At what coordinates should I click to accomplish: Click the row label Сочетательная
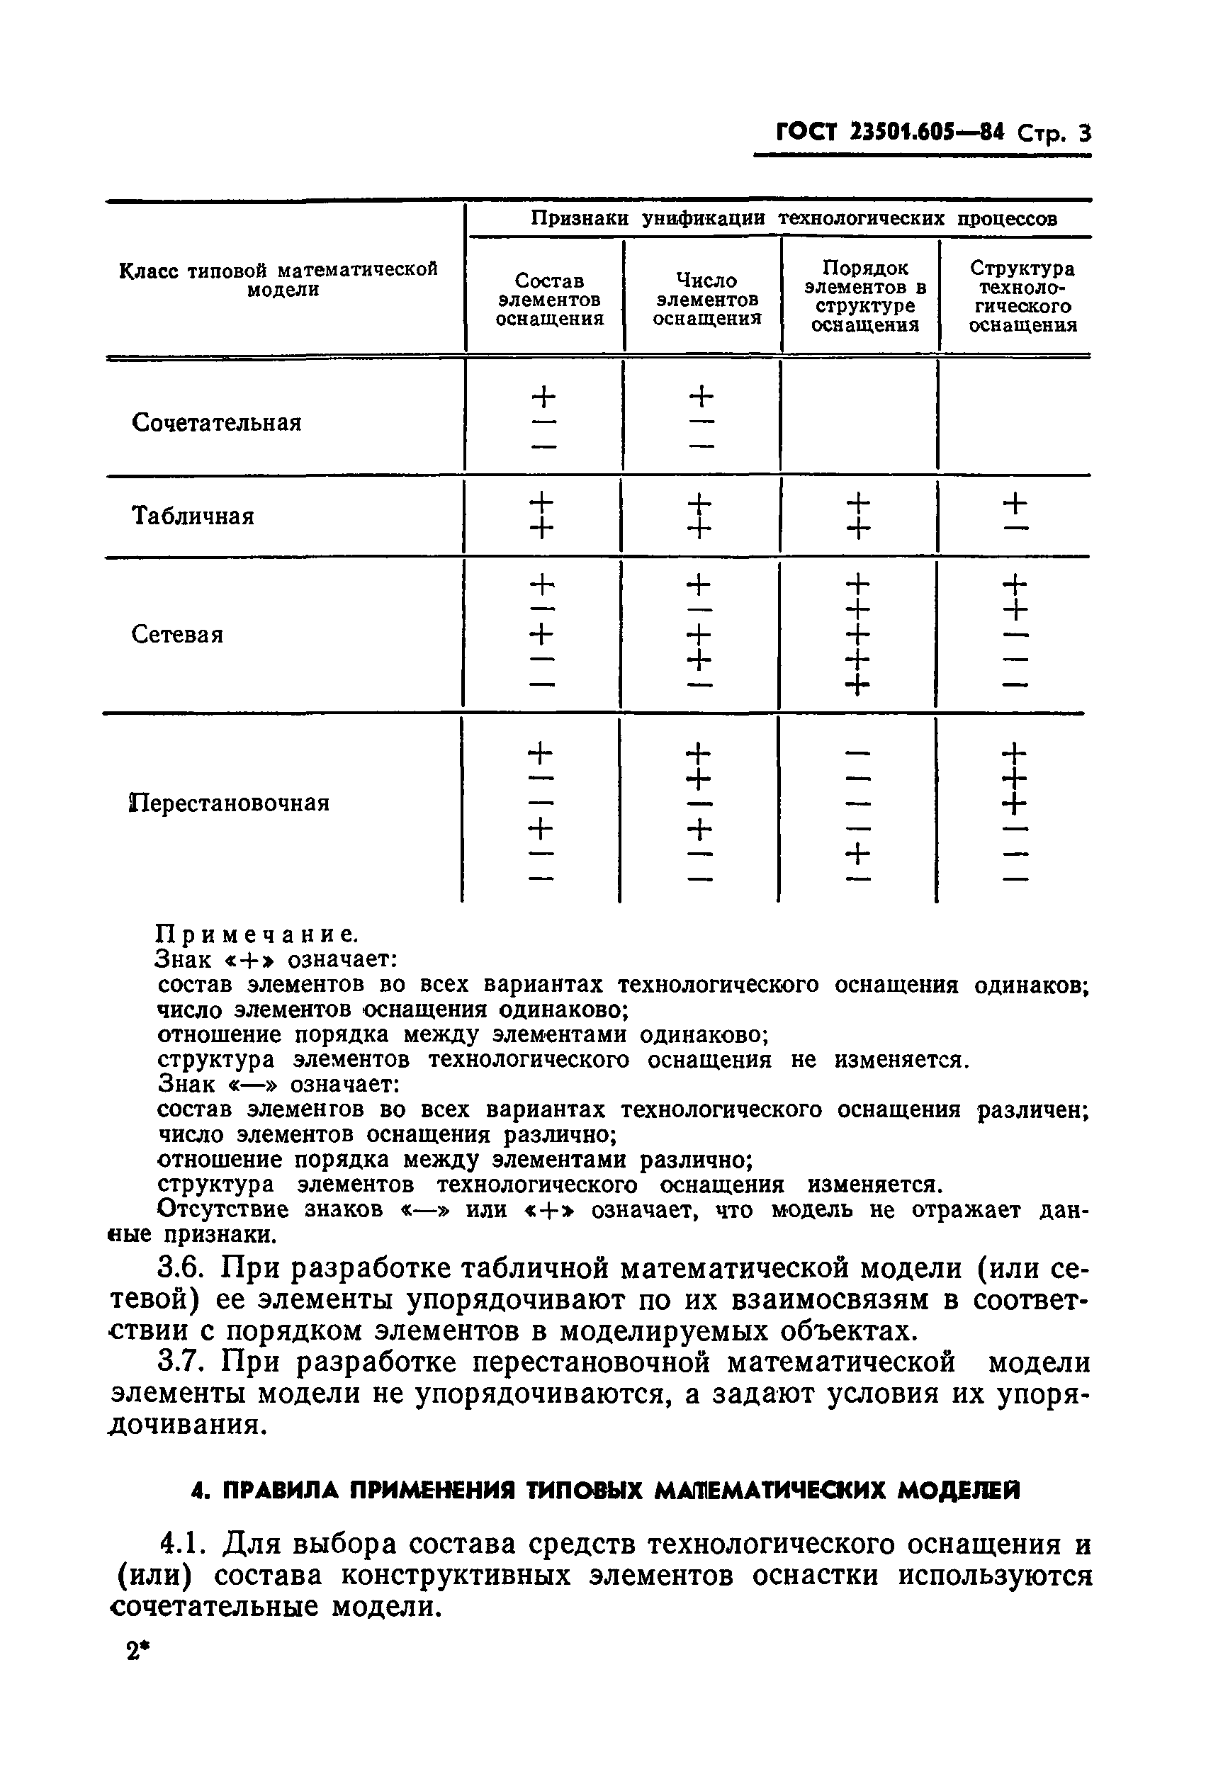coord(216,423)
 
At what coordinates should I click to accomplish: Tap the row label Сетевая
coord(177,634)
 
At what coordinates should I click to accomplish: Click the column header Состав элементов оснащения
coord(549,300)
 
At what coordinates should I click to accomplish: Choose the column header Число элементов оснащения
coord(707,300)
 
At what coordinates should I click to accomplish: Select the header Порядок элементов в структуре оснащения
coord(864,297)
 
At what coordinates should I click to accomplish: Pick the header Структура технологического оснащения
coord(1022,297)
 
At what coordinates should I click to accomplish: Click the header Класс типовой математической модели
coord(279,280)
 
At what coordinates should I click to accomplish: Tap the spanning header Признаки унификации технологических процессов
coord(794,219)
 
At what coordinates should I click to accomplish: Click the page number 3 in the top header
coord(1084,135)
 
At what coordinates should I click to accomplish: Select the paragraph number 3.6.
coord(180,1269)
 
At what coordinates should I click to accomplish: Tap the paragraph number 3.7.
coord(180,1362)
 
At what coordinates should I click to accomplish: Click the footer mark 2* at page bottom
coord(137,1652)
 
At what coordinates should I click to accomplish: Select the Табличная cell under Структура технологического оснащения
coord(1015,516)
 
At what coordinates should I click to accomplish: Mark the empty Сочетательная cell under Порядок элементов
coord(859,417)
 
